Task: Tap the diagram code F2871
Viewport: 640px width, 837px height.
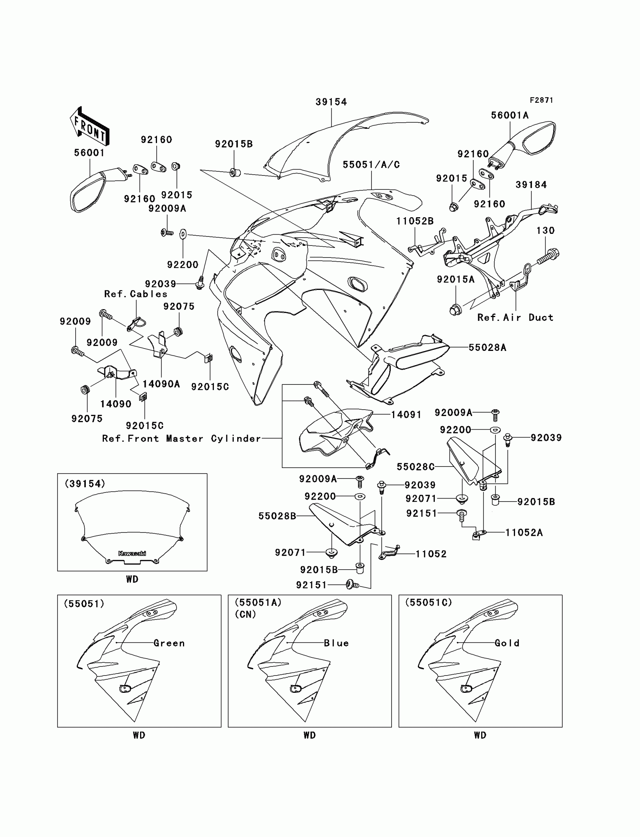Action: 541,100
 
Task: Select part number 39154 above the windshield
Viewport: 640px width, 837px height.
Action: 331,102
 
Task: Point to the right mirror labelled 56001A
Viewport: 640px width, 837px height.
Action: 533,141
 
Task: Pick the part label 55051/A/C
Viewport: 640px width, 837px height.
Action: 371,165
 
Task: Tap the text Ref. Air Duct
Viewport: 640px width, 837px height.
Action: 515,318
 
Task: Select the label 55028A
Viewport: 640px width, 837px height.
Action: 487,348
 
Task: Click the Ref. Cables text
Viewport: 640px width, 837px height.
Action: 136,294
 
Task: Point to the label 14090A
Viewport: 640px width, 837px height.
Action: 161,384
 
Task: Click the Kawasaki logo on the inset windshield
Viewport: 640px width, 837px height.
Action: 132,553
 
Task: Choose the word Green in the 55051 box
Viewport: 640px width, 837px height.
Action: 169,643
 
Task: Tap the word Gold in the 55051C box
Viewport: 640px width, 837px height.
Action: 507,643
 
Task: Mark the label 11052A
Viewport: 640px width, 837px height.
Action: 524,533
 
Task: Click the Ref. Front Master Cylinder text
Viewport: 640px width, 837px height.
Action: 181,439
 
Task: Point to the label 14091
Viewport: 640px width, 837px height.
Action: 406,415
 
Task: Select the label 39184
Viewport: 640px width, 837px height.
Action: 531,185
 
